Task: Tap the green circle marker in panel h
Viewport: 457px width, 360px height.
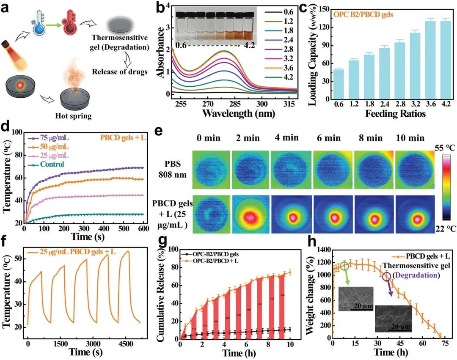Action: [344, 266]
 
